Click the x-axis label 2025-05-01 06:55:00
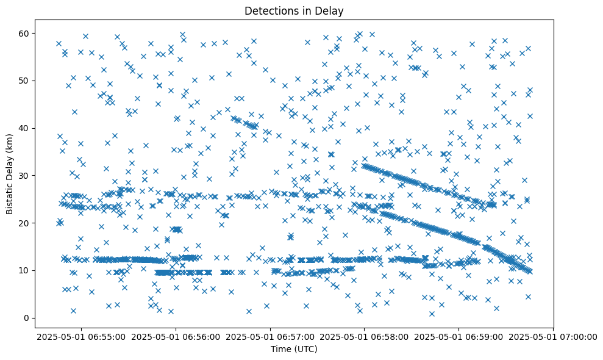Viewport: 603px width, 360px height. tap(81, 336)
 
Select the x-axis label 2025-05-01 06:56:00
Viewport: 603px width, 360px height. tap(176, 336)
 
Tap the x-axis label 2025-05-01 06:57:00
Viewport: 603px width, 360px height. tap(270, 336)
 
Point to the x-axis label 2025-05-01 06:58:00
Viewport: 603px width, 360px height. tap(365, 336)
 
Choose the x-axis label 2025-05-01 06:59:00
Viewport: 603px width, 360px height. tap(459, 336)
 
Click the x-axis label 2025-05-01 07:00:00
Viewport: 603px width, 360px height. tap(554, 336)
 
